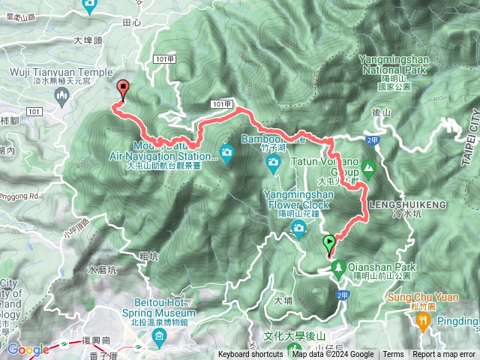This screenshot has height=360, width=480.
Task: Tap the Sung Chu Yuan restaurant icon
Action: coord(422,320)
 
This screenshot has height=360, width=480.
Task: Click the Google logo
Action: coord(28,349)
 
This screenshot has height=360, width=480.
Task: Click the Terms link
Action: coord(393,355)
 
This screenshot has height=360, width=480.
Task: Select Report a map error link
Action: coord(443,355)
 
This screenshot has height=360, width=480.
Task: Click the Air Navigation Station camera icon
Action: coord(226,154)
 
